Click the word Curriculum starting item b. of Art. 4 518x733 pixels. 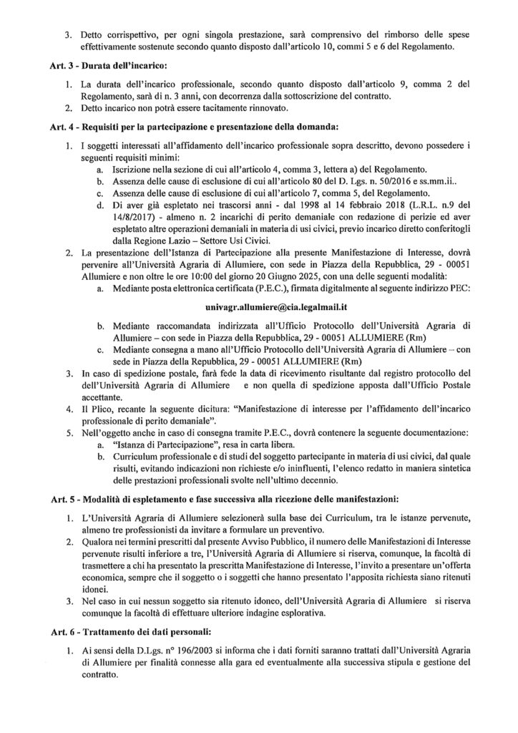[x=137, y=456]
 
